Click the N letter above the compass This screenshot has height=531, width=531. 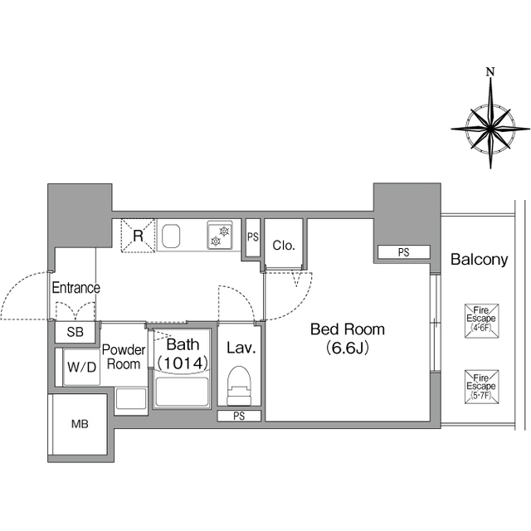[x=490, y=72]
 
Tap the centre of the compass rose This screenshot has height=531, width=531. [x=490, y=129]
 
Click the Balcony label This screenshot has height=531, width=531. [x=480, y=260]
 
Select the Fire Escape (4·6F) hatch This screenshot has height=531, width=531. [x=481, y=320]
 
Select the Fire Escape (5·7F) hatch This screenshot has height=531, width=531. [x=481, y=387]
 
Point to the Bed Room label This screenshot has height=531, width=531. [x=348, y=329]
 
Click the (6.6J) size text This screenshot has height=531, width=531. [x=348, y=348]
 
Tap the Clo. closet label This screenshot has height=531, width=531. [x=284, y=246]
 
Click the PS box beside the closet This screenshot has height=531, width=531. [x=252, y=237]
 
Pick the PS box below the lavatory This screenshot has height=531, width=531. [x=239, y=416]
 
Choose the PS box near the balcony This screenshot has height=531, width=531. [x=404, y=252]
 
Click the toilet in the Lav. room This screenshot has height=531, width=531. [x=240, y=385]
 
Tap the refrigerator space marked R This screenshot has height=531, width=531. [x=139, y=236]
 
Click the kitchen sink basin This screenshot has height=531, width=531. [x=171, y=236]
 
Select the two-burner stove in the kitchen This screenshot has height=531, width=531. [x=220, y=236]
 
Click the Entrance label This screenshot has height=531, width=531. [x=76, y=288]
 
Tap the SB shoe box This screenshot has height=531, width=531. [x=75, y=332]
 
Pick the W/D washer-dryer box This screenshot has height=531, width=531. [x=81, y=367]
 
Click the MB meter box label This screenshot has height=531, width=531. [x=80, y=424]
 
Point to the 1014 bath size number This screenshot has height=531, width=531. [x=183, y=363]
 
